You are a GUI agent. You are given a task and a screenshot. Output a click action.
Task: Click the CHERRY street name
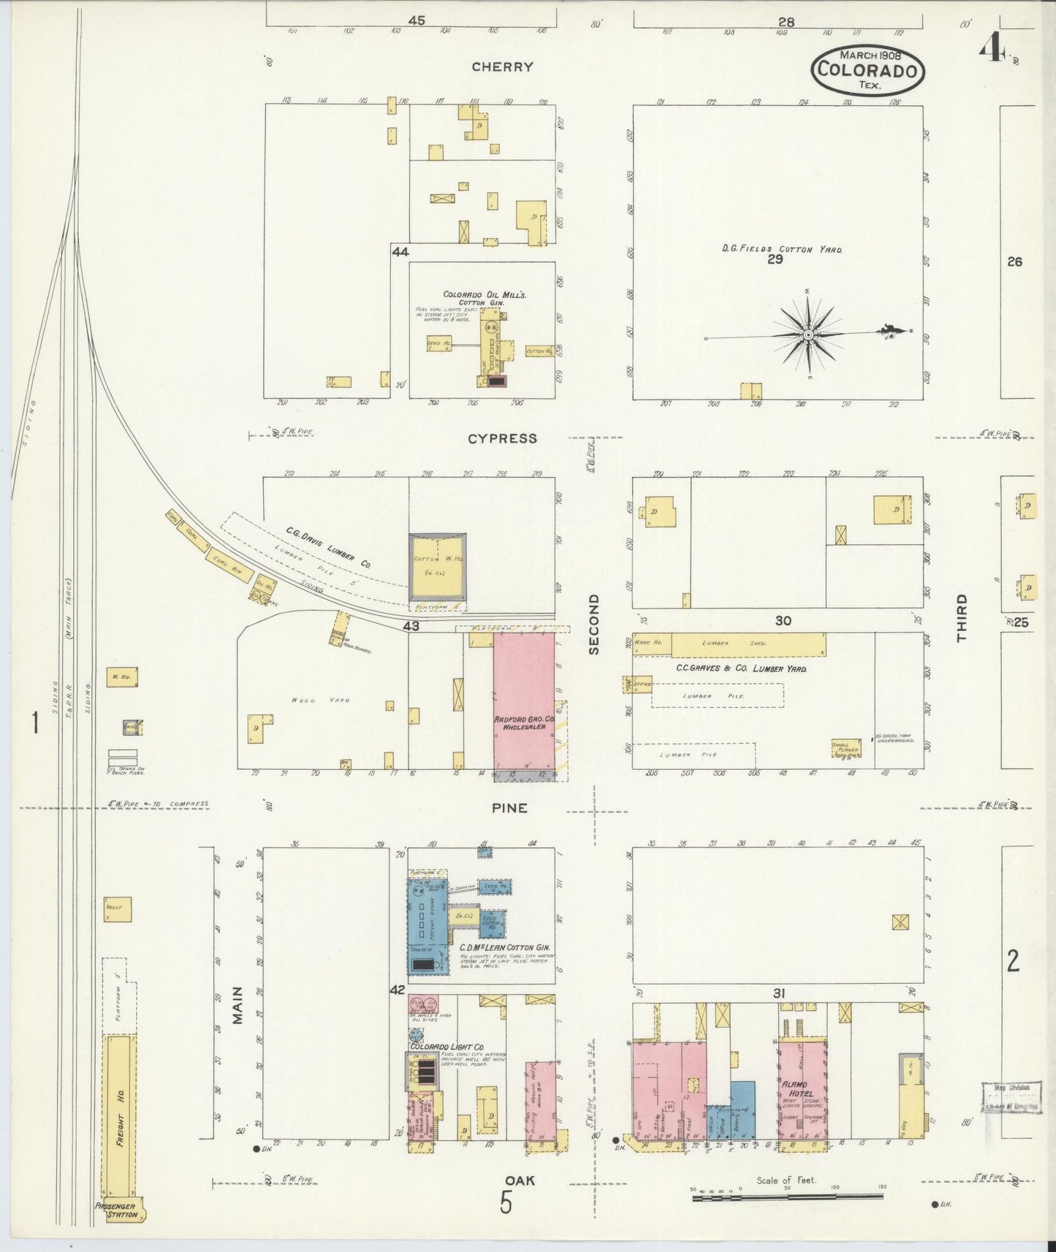502,67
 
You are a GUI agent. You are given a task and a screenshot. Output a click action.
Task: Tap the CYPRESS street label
502,439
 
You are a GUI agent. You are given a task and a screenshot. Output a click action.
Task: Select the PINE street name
509,809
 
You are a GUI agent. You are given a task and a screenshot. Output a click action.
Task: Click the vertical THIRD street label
961,618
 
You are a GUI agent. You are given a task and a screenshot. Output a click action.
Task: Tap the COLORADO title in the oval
867,71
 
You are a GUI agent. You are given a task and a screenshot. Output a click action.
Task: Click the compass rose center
808,335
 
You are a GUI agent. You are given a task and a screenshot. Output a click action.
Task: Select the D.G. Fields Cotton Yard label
781,249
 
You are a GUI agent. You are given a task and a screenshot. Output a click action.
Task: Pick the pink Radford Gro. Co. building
523,701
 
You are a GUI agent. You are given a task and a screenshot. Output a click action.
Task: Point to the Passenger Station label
116,1210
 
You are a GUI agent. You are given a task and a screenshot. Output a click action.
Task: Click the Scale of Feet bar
787,1196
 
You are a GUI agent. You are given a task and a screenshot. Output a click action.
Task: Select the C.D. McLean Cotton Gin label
504,947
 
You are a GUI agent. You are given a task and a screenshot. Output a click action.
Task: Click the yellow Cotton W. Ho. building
436,568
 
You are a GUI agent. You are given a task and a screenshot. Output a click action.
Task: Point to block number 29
775,260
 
